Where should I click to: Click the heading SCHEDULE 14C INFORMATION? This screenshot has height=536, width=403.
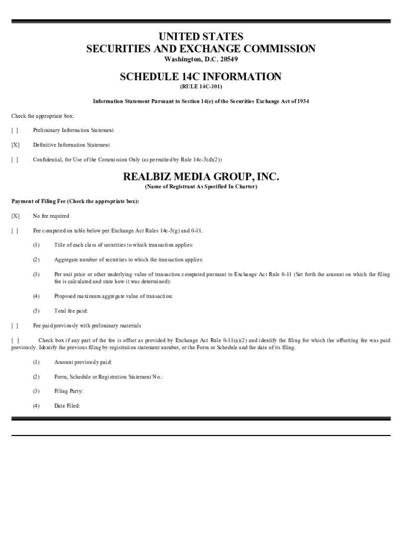200,77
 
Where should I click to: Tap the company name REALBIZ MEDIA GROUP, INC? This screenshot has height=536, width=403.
201,177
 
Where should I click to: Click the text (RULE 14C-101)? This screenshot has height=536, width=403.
201,86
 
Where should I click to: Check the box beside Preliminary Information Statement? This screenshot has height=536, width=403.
15,130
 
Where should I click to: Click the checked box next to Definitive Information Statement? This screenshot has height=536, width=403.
15,145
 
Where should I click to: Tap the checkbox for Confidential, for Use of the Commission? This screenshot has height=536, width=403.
15,160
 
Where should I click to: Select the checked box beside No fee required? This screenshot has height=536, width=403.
15,216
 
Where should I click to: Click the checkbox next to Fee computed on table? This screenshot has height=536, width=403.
15,230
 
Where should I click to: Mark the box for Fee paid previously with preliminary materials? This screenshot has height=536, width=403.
15,326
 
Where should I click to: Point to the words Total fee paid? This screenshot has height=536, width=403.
71,311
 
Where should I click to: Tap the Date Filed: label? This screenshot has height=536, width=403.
67,406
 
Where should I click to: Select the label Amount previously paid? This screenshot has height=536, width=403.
83,362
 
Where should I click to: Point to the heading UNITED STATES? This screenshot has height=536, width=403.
201,37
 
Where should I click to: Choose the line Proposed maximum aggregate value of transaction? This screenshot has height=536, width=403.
113,296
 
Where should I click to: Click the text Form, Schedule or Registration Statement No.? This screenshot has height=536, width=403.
108,377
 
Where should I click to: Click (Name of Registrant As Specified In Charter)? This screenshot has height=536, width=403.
201,187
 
